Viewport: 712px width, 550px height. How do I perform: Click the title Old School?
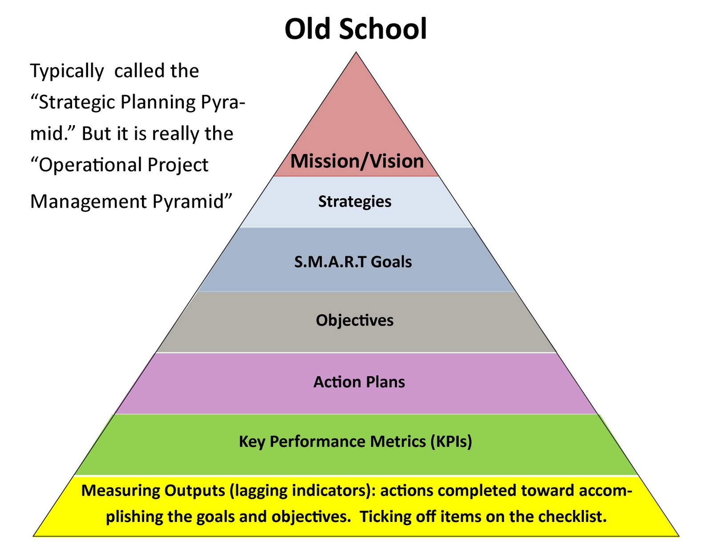tap(356, 29)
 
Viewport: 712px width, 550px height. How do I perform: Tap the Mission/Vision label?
tap(357, 161)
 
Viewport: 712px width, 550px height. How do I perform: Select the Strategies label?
tap(355, 202)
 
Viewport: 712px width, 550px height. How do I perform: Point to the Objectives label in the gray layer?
tap(355, 320)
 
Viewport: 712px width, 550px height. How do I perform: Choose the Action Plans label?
tap(359, 382)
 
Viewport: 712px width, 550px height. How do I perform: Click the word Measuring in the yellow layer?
tap(120, 491)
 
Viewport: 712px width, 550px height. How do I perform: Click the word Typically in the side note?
tap(67, 72)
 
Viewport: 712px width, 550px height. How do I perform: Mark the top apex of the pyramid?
tap(356, 52)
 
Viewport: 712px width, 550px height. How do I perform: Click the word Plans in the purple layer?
tap(385, 382)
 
